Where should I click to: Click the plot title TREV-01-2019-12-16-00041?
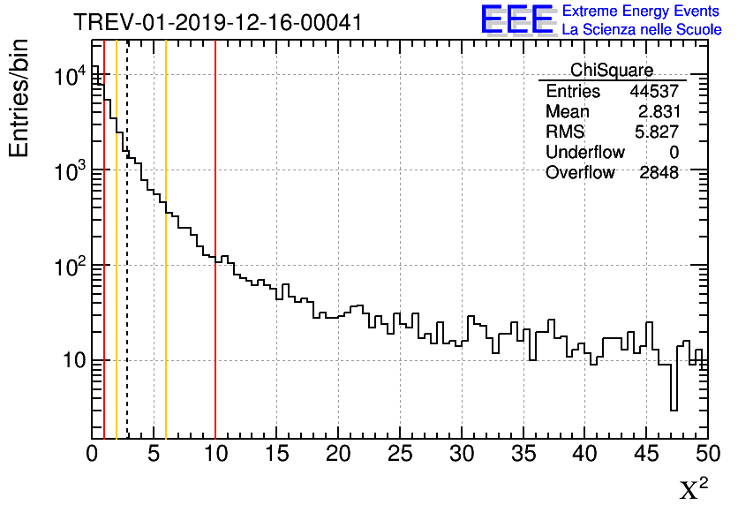point(217,22)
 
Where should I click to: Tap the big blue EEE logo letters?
point(516,19)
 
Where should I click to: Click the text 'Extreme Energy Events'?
point(641,11)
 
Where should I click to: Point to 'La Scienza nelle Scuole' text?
point(641,30)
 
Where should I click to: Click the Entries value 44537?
point(654,92)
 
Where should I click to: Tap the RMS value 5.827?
point(659,132)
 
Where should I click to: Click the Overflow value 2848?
point(659,173)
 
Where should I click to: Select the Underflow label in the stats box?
point(585,153)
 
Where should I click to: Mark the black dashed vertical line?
point(127,265)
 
